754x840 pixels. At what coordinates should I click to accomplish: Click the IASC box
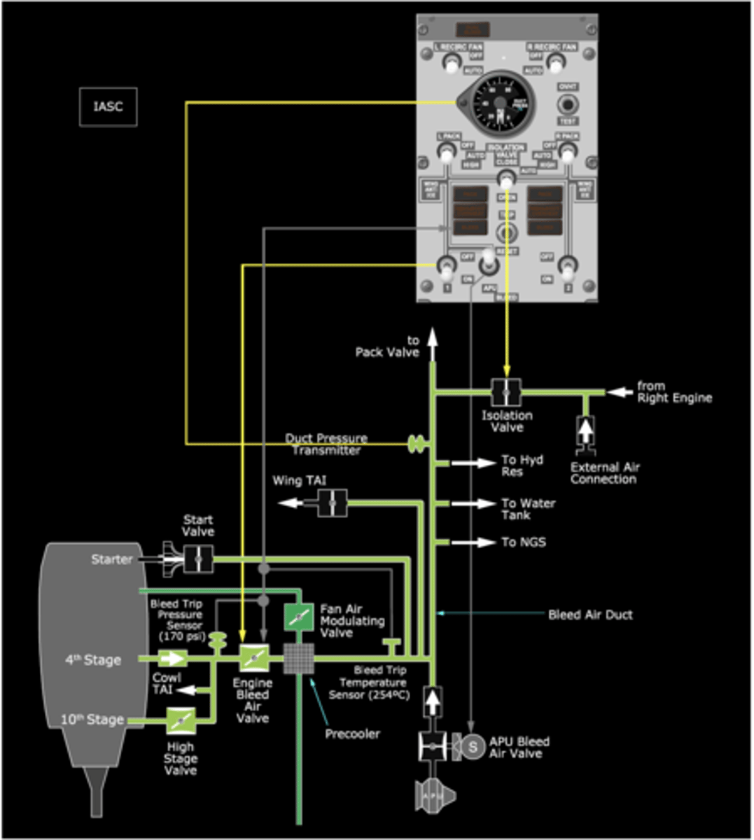pos(108,106)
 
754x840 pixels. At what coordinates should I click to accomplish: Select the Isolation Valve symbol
pos(505,393)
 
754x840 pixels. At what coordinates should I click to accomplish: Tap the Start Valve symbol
pos(198,559)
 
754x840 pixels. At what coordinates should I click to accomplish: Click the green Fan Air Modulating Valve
pos(299,616)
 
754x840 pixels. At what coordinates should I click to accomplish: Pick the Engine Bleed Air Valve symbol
pos(253,659)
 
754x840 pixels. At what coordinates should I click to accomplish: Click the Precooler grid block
pos(299,659)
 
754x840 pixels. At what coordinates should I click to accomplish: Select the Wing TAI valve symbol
pos(332,503)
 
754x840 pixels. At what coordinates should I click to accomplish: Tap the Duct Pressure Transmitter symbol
pos(417,443)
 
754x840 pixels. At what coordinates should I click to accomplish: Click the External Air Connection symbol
pos(585,431)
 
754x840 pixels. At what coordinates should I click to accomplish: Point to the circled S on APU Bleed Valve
pos(473,746)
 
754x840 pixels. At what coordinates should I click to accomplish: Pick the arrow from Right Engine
pos(615,392)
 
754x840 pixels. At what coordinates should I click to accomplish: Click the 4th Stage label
pos(93,659)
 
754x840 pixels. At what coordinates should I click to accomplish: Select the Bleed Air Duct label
pos(590,615)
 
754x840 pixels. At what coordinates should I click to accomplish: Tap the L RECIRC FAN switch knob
pos(450,63)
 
